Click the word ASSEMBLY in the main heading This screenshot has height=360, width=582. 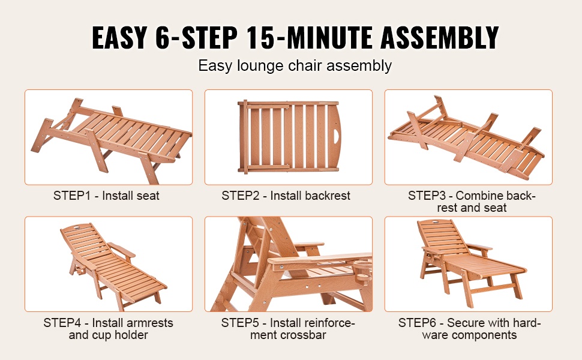click(439, 37)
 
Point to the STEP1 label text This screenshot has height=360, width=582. click(72, 196)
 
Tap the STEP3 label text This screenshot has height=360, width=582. click(426, 196)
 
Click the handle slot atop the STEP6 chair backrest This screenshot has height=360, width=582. click(436, 223)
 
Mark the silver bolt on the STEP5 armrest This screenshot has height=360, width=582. click(282, 267)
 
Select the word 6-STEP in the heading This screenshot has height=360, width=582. click(196, 37)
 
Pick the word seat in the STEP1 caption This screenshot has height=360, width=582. click(148, 196)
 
